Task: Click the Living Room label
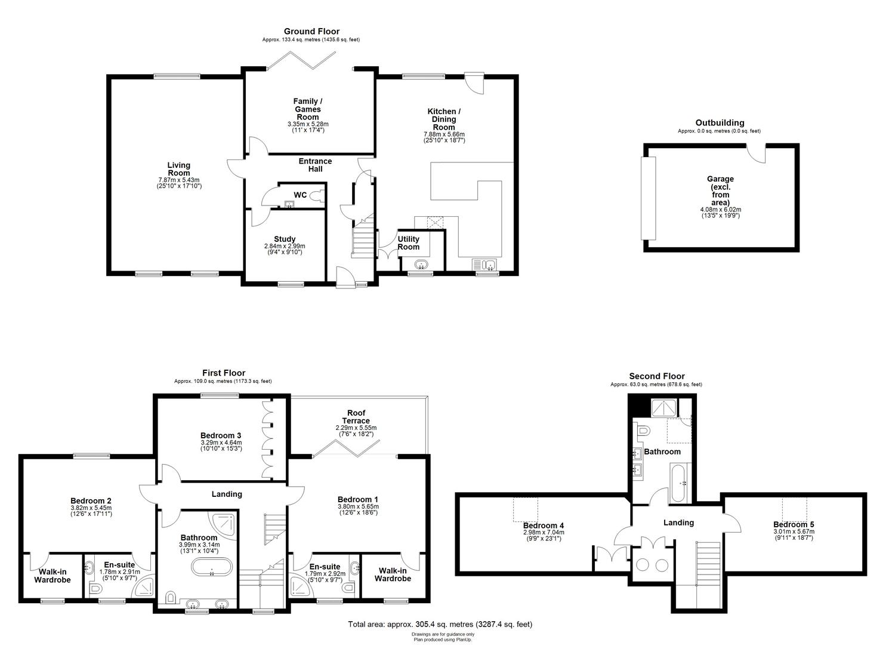(179, 169)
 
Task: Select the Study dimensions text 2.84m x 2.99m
(285, 246)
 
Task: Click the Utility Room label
(408, 242)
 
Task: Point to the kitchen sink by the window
(484, 265)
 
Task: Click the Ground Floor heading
(311, 31)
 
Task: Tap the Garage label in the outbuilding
(720, 179)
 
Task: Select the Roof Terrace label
(356, 416)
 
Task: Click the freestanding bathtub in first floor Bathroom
(212, 567)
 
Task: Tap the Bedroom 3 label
(221, 435)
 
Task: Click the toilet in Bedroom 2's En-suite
(95, 589)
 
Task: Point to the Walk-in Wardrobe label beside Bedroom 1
(393, 575)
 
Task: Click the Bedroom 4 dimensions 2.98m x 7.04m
(544, 533)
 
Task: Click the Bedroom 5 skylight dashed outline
(795, 509)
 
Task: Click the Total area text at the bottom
(440, 624)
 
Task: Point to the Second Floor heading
(656, 376)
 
